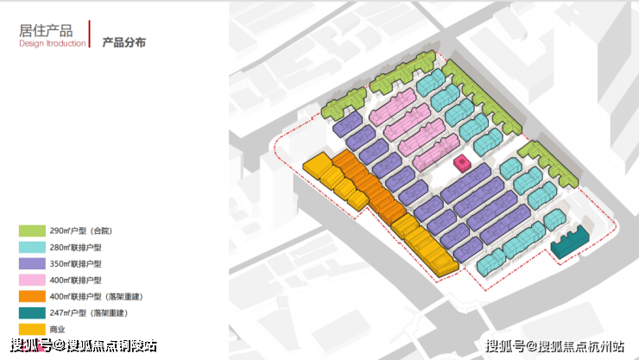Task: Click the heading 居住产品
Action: tap(46, 30)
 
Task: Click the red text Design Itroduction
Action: tap(53, 43)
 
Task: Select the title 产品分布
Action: tap(123, 42)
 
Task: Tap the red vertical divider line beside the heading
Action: tap(90, 34)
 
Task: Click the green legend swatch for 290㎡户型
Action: tap(32, 231)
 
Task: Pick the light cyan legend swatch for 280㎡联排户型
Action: tap(32, 247)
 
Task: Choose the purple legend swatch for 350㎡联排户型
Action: tap(32, 263)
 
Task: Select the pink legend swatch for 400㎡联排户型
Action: tap(32, 281)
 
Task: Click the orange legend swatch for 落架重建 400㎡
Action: tap(32, 296)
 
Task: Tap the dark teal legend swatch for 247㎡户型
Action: tap(32, 313)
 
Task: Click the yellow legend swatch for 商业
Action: tap(32, 329)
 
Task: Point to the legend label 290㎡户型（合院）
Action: tap(80, 231)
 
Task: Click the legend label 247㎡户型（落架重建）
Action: tap(89, 313)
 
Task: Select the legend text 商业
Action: tap(58, 329)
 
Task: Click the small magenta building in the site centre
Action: tap(463, 164)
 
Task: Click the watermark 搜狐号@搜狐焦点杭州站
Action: tap(554, 346)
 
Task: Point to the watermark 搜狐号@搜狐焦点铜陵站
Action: tap(84, 345)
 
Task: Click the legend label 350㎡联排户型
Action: tap(75, 264)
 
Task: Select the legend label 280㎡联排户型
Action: tap(75, 247)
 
